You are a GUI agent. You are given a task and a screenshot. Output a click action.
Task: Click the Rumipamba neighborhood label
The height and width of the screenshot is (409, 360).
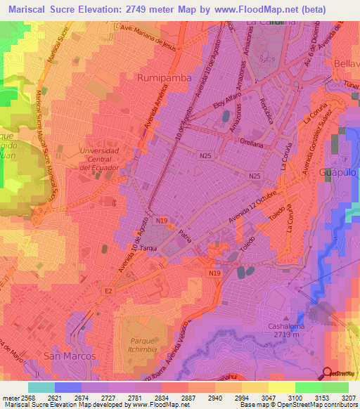[165, 78]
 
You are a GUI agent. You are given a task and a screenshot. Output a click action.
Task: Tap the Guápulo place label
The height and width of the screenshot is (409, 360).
[340, 171]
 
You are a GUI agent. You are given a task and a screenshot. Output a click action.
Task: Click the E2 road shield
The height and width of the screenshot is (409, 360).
[108, 290]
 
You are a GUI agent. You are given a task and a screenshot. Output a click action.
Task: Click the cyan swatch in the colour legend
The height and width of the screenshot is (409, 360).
[41, 387]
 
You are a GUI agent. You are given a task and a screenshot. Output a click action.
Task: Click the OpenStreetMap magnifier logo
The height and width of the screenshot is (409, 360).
[328, 373]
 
